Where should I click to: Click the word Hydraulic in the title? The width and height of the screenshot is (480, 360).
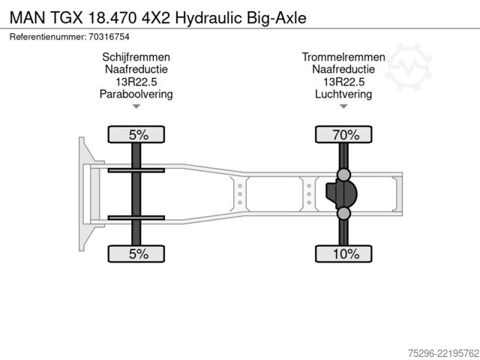tap(208, 18)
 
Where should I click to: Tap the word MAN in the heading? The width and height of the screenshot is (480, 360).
tap(28, 18)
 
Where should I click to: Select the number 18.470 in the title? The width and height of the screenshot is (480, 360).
tap(112, 18)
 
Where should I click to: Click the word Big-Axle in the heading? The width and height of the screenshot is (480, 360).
tap(277, 18)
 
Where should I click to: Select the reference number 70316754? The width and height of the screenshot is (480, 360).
tap(109, 37)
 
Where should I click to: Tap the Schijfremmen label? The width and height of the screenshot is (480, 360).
tap(136, 57)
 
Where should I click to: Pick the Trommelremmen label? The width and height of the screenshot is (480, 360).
tap(343, 57)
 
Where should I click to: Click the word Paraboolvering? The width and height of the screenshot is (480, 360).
tap(136, 94)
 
